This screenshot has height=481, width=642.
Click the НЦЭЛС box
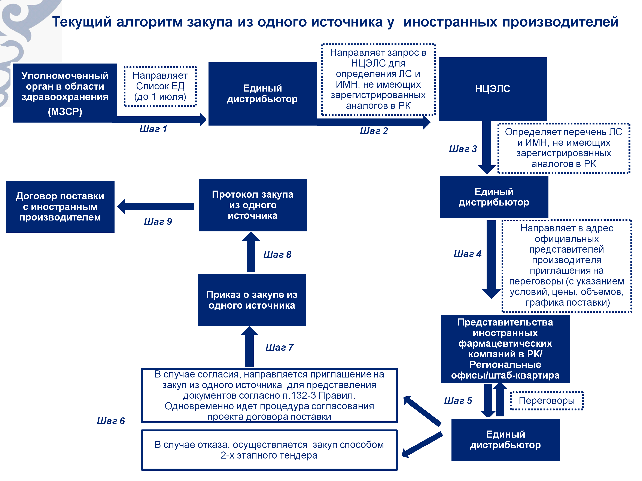click(493, 89)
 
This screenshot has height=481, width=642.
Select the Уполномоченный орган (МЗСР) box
click(65, 93)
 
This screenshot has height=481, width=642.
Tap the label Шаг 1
click(153, 129)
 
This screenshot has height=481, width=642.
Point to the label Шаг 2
click(374, 131)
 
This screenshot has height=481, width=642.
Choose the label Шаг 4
click(468, 254)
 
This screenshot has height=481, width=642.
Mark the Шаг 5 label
click(458, 401)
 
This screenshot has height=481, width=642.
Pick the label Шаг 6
click(111, 421)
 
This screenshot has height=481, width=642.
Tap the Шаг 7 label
click(280, 347)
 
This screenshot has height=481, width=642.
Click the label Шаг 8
click(277, 255)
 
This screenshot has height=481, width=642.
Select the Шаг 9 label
click(158, 222)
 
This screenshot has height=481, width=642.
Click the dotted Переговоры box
click(547, 401)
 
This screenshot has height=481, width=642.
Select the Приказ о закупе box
click(252, 300)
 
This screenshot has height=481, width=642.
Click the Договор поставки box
click(60, 207)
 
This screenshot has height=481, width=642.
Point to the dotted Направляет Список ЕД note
click(160, 86)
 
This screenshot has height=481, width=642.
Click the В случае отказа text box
click(269, 450)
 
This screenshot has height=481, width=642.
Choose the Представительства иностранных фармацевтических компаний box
click(505, 349)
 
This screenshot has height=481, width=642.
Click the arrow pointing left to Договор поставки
click(156, 206)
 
